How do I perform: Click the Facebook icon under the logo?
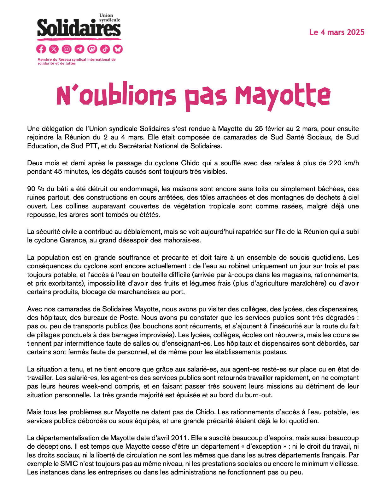(x=41, y=49)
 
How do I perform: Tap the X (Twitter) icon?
(x=54, y=49)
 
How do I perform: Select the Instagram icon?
(x=67, y=49)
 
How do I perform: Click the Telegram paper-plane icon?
(x=79, y=49)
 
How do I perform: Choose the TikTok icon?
(x=105, y=49)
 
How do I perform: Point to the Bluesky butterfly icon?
(x=118, y=49)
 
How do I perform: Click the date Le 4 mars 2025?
(x=336, y=32)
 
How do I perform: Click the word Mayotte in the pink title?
(x=283, y=96)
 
